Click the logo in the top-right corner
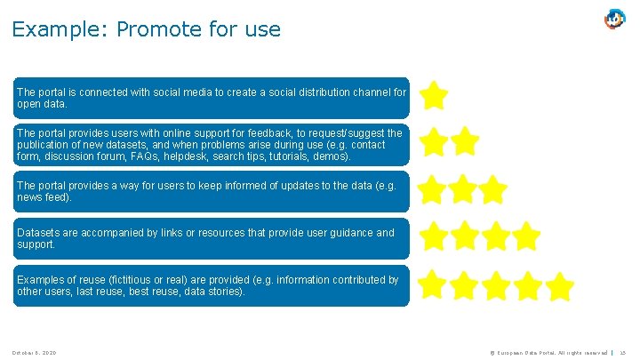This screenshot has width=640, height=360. (615, 19)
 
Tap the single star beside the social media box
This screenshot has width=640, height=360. (434, 95)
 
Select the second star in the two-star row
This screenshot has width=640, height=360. (464, 141)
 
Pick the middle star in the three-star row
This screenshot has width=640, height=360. (463, 189)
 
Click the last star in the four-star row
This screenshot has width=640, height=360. (526, 236)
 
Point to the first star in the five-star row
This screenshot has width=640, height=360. (433, 285)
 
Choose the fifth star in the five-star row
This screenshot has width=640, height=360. (559, 286)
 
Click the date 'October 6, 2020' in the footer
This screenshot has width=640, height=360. (36, 353)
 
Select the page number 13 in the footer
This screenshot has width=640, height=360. (622, 353)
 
